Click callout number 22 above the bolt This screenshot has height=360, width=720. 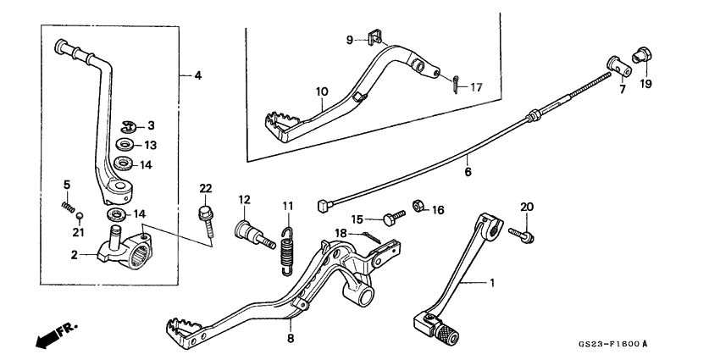click(x=206, y=187)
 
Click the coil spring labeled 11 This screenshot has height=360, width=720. click(x=289, y=249)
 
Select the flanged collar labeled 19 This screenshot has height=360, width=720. click(x=641, y=54)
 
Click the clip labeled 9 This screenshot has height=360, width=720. click(x=375, y=37)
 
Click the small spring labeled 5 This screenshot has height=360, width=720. click(x=68, y=205)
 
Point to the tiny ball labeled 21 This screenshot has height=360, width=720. click(x=77, y=217)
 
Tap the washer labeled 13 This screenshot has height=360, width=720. click(x=125, y=144)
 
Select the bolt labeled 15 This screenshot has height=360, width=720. click(x=390, y=219)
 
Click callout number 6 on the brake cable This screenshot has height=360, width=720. click(x=467, y=171)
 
